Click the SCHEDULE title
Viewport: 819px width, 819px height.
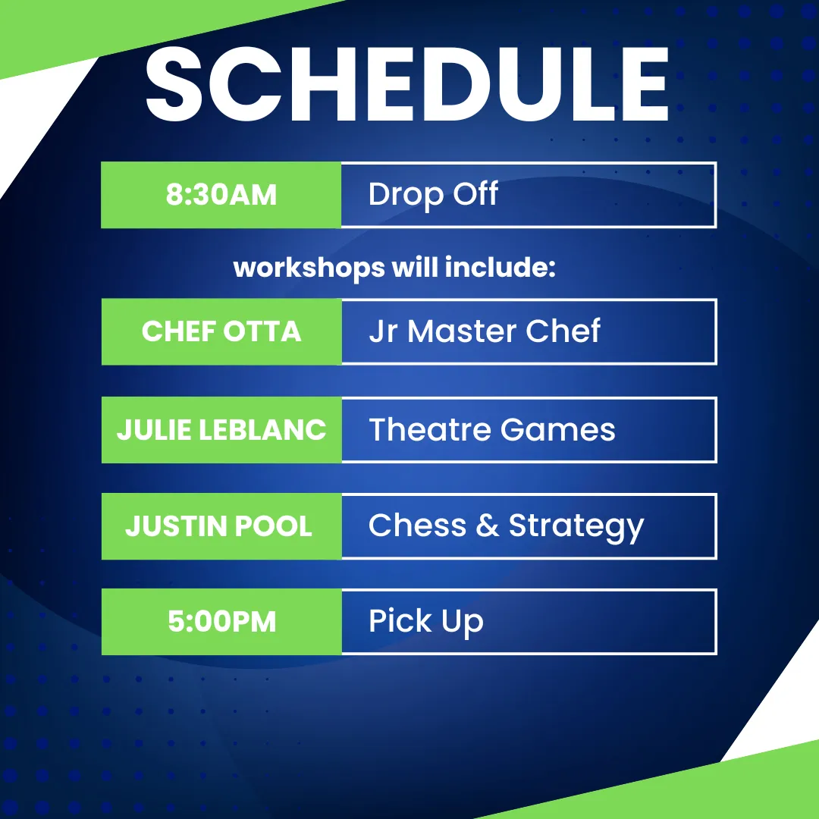[407, 84]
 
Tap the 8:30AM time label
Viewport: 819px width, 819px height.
[221, 194]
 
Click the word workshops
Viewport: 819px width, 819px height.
[309, 268]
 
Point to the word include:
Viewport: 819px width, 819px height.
[500, 267]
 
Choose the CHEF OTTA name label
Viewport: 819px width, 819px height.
[221, 331]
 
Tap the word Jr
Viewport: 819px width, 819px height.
[383, 331]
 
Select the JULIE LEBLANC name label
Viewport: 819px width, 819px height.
[221, 430]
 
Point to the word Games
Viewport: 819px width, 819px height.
[558, 429]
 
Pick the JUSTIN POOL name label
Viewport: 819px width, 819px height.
[219, 526]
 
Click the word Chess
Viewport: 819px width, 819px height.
[417, 525]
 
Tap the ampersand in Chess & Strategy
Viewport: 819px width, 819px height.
[488, 525]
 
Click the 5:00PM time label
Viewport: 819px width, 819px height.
[221, 622]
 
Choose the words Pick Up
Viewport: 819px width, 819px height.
[426, 623]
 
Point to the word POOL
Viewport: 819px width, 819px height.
[274, 526]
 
